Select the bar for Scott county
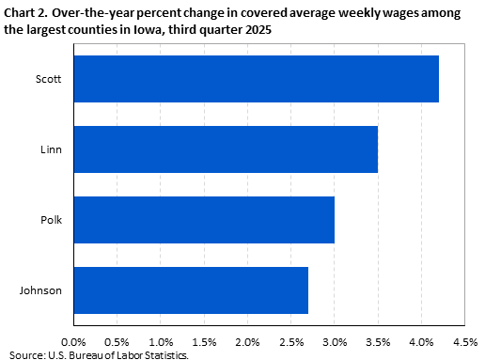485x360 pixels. tap(256, 79)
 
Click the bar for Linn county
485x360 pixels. tap(226, 149)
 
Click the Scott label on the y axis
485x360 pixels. tap(48, 79)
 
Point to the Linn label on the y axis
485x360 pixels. tap(51, 149)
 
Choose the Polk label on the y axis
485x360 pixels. tap(51, 220)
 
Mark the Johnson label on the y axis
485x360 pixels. tap(41, 290)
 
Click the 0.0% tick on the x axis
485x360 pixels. tap(73, 342)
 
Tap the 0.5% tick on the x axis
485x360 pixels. tap(117, 342)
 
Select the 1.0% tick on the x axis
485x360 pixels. tap(161, 342)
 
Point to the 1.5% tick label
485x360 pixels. tap(204, 342)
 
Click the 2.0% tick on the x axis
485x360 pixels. tap(247, 342)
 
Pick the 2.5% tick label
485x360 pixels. tap(291, 342)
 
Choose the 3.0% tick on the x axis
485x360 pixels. tap(335, 342)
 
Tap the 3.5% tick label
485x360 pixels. tap(378, 342)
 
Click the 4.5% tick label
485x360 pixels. tap(464, 342)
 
